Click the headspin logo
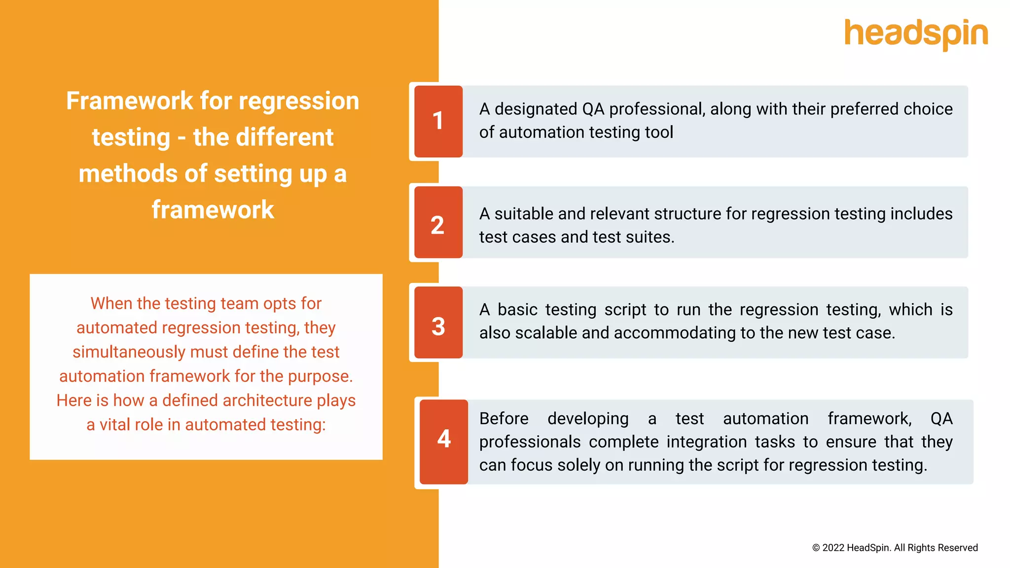[916, 34]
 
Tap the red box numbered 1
[438, 121]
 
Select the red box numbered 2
[438, 222]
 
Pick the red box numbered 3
[438, 322]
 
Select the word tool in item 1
[658, 132]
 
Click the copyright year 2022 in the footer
[833, 548]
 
